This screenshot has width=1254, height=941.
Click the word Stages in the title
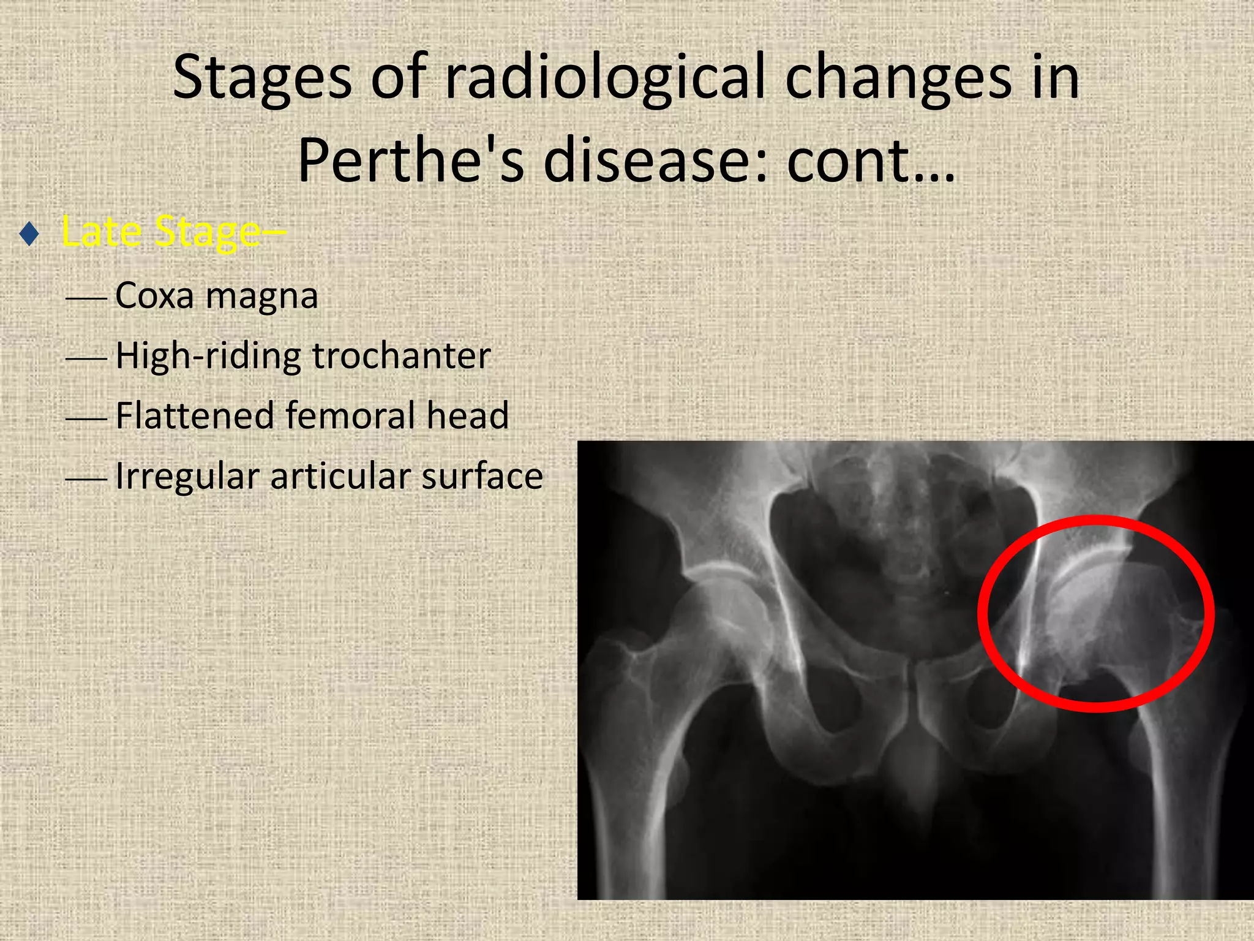262,78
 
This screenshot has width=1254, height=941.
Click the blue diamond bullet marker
29,234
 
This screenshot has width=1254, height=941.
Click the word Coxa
154,295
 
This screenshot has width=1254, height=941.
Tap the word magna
261,297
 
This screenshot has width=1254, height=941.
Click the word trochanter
402,355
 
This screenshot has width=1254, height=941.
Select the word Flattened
193,415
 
